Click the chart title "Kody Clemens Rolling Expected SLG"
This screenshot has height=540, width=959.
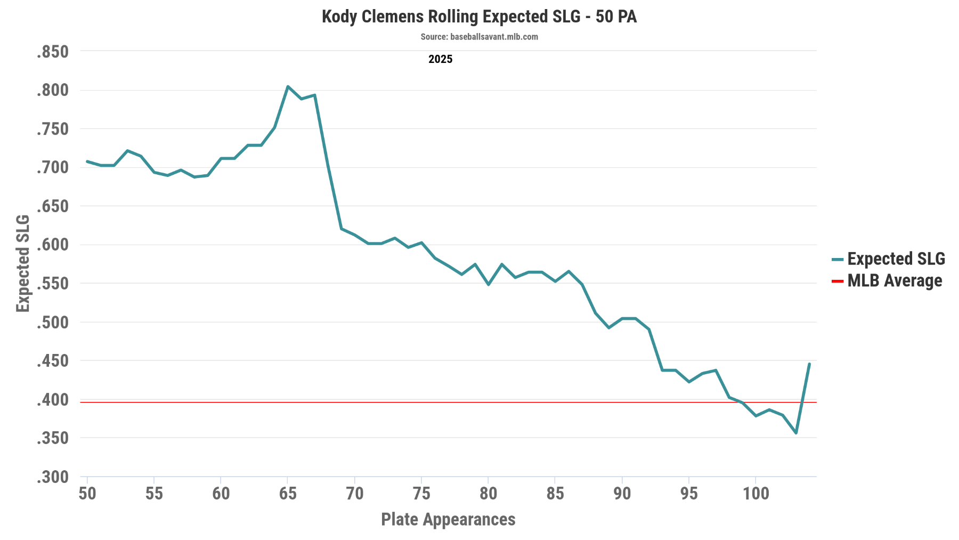(479, 17)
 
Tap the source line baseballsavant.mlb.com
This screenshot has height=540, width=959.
(479, 37)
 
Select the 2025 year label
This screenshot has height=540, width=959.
(440, 59)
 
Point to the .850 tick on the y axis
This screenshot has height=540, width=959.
(53, 52)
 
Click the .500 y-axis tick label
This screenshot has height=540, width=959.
(53, 323)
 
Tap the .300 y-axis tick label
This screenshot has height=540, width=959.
(53, 477)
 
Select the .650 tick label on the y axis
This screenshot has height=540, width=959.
(53, 206)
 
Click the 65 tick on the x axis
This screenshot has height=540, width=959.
(288, 494)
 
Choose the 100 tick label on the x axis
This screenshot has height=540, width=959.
(756, 494)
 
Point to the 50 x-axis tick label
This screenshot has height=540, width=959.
(87, 494)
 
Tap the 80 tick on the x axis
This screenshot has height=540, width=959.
(488, 494)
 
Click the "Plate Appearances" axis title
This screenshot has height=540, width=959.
(448, 519)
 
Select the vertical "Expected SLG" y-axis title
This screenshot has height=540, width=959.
(23, 263)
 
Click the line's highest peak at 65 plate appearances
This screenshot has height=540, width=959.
(288, 86)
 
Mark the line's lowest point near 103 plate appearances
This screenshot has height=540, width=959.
(796, 433)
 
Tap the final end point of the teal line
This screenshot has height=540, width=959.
(809, 364)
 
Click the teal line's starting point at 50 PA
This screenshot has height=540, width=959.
(87, 161)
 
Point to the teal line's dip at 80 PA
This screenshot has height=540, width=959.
(488, 285)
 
